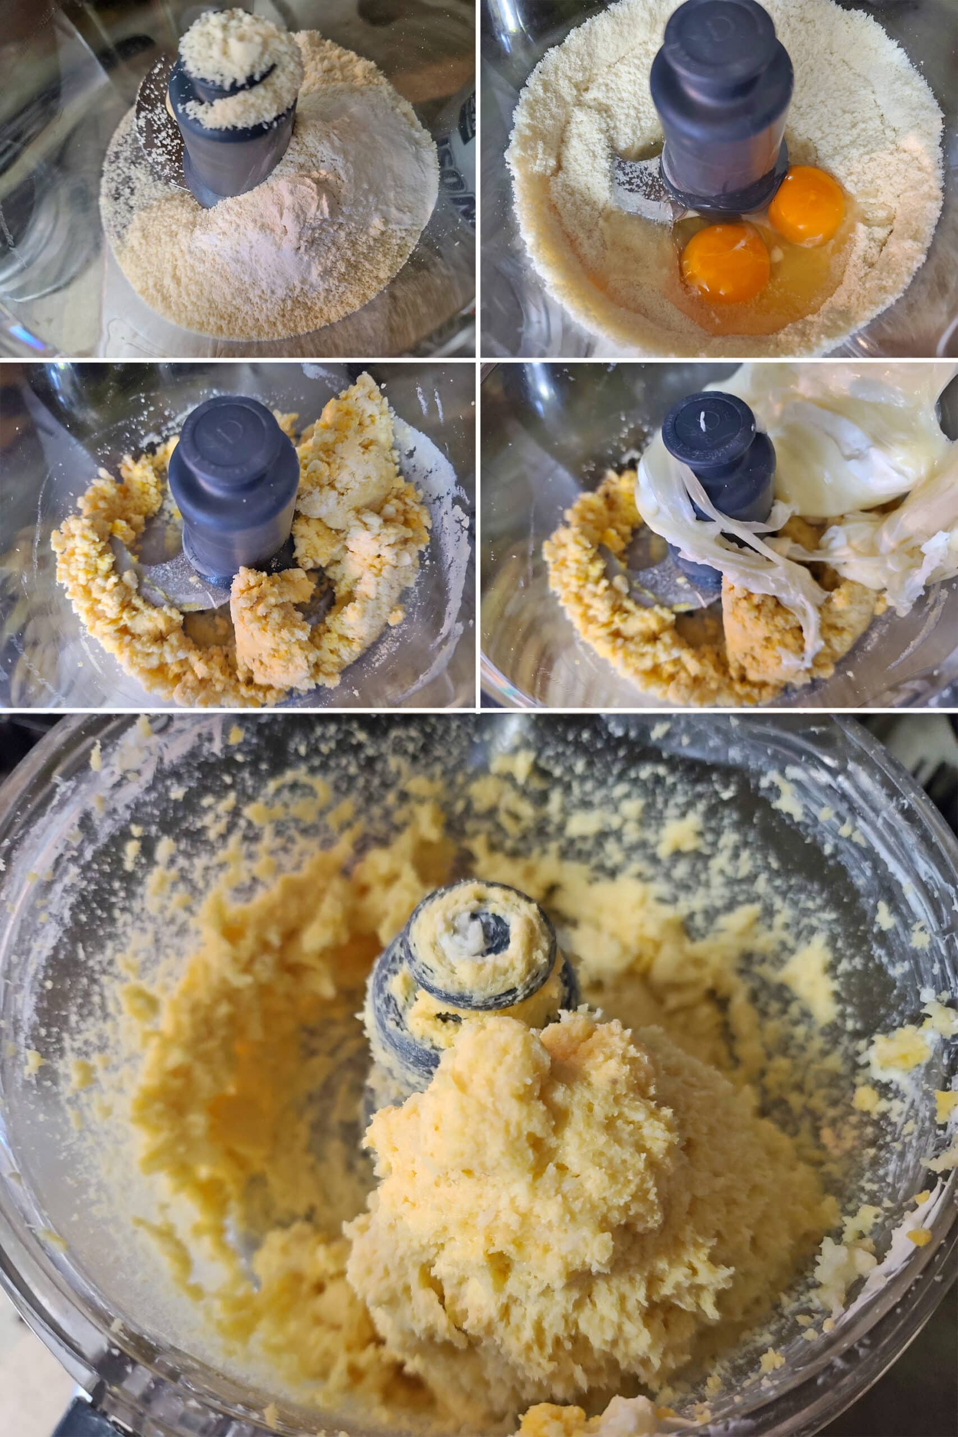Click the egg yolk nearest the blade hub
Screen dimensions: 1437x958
806,205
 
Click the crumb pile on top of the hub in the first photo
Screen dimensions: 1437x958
240,67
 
